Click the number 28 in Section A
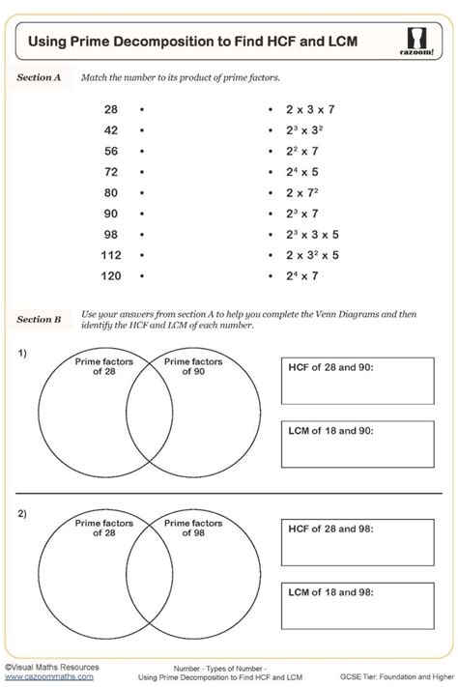tap(111, 109)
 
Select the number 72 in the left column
tap(111, 171)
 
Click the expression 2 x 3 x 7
tap(309, 109)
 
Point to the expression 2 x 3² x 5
tap(312, 255)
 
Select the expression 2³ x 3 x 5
tap(312, 234)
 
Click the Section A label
tap(40, 77)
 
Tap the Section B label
tap(40, 318)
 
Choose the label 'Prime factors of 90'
tap(192, 367)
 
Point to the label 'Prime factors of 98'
tap(192, 529)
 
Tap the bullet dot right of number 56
tap(142, 151)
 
